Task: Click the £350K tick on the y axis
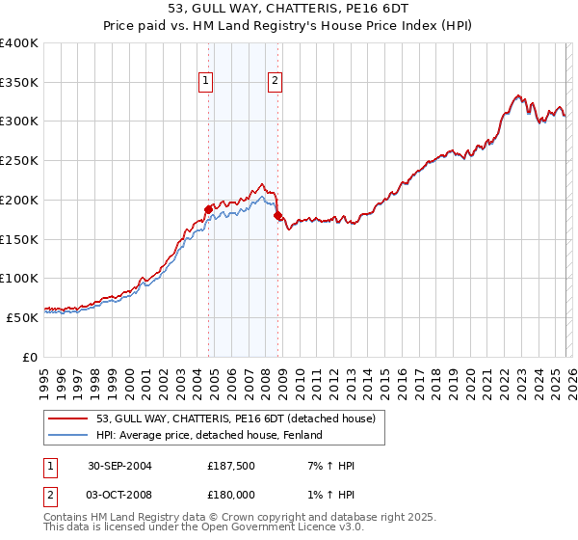click(19, 83)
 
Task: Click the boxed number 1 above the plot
click(206, 82)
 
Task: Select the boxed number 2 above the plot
click(276, 82)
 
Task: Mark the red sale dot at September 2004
click(208, 208)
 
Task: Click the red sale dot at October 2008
click(277, 216)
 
